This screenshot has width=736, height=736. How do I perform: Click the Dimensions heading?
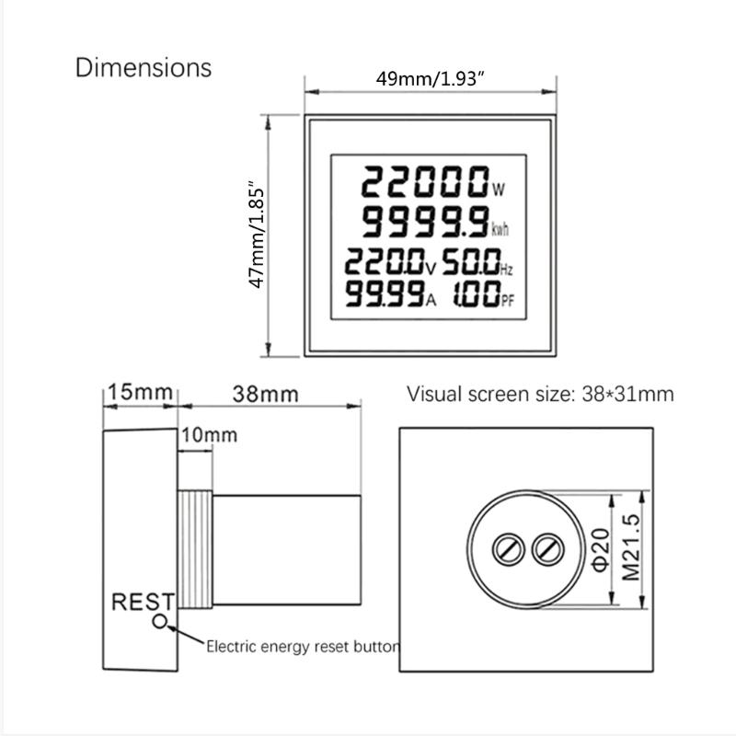pos(143,67)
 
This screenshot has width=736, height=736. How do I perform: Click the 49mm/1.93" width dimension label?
pos(431,79)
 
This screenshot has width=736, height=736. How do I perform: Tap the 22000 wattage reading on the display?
pos(424,183)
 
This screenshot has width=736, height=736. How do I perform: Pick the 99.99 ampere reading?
pos(385,295)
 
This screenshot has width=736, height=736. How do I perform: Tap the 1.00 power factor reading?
pos(474,295)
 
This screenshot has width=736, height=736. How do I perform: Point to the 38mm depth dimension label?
pos(264,394)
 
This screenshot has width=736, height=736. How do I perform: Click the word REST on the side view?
pos(143,603)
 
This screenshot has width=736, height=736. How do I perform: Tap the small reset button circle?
pos(162,622)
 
